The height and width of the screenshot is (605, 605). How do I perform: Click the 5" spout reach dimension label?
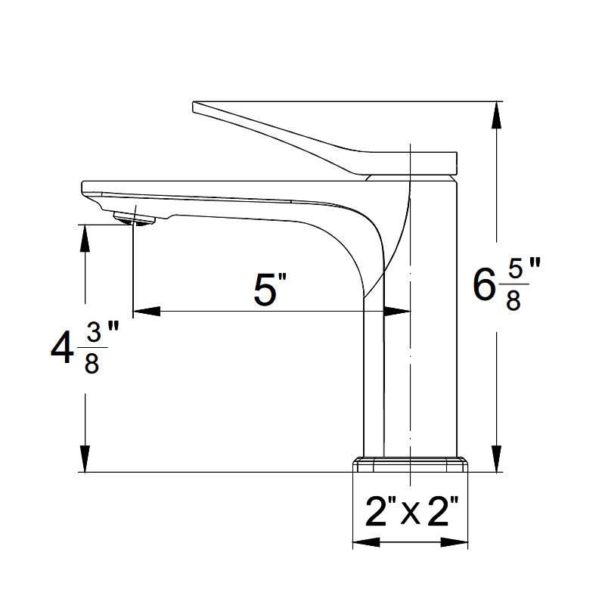270,290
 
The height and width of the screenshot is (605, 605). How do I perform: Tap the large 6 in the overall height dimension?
484,285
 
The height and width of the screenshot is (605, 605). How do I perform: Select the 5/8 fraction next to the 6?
514,285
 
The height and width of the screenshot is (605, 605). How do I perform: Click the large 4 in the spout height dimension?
62,349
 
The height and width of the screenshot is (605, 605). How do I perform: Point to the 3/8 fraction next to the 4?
92,349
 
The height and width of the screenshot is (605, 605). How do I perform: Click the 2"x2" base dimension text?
411,512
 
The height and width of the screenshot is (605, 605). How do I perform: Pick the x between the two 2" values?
410,515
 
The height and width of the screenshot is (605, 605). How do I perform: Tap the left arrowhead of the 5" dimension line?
147,311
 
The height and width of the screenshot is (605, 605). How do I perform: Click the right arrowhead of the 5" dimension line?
397,311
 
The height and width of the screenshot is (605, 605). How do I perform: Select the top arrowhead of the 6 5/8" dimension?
497,115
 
